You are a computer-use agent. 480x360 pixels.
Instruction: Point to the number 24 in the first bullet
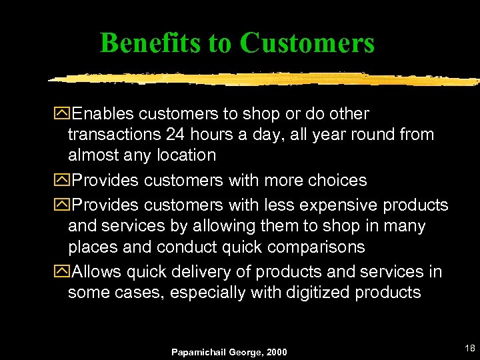click(175, 135)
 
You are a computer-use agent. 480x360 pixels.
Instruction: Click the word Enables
click(104, 114)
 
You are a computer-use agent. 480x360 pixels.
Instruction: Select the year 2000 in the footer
click(276, 351)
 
